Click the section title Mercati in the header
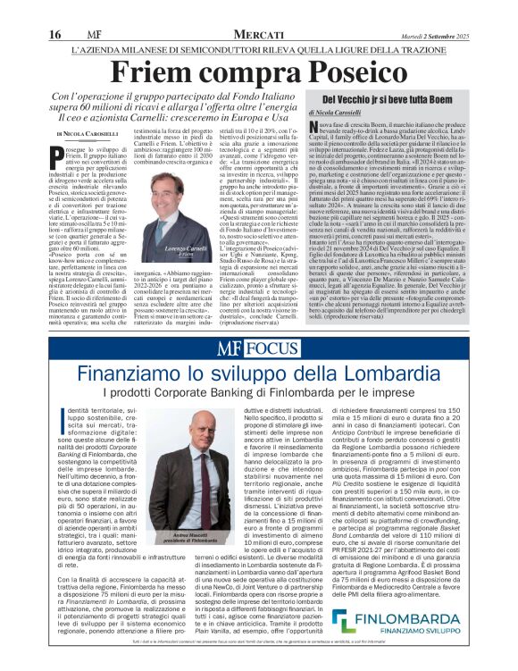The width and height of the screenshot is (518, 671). pyautogui.click(x=260, y=9)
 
